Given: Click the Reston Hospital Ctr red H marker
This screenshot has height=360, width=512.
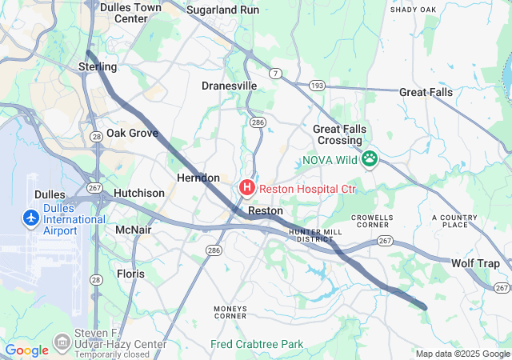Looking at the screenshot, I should (247, 189).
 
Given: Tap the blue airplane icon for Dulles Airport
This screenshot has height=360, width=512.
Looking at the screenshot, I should (31, 218).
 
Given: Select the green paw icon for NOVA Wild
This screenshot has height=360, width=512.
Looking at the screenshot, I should (370, 159).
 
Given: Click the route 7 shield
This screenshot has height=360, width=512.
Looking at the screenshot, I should (275, 74).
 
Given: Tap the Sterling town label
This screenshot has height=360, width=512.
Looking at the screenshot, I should (98, 66).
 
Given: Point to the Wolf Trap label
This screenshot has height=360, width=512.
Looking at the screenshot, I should (475, 263).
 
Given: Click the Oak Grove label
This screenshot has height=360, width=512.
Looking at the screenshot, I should (132, 133).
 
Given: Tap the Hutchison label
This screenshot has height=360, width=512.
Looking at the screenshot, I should (139, 193).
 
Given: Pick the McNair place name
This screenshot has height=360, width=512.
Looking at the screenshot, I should (134, 230).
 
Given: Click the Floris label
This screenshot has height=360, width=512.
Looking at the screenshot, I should (131, 274).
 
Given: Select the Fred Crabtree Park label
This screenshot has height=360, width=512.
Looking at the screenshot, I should (257, 344).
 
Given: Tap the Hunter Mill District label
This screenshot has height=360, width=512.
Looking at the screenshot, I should (310, 234).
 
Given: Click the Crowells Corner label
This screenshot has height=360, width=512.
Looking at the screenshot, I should (374, 221).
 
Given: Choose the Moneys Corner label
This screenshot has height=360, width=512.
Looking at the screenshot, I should (230, 311).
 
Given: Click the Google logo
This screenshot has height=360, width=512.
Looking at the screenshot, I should (26, 350).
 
